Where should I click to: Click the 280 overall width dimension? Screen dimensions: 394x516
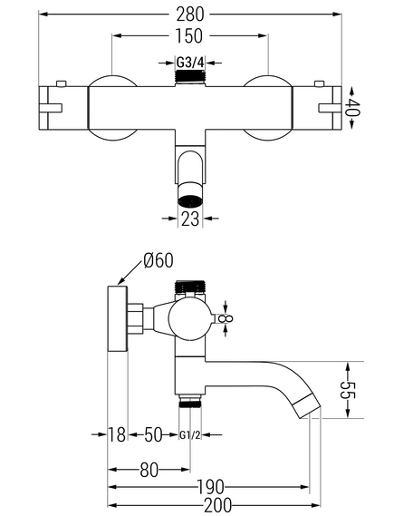point(190,15)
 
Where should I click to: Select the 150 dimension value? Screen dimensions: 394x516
point(188,36)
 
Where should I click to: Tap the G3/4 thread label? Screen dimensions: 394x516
point(190,63)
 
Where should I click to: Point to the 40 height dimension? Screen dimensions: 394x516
point(352,108)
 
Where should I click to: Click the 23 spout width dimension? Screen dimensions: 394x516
point(190,219)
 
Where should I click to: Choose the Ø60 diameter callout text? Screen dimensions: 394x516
point(159,261)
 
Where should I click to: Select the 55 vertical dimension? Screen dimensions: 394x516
point(348,390)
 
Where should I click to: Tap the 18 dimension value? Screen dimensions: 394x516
point(117,434)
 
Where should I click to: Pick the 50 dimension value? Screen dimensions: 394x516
point(153,434)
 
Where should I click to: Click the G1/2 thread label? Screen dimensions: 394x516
point(190,435)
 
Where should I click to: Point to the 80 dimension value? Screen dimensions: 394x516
point(149,470)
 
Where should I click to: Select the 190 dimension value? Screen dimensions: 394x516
point(210,487)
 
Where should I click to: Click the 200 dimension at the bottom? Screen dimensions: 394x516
point(218,505)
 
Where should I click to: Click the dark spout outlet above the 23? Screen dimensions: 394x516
point(190,200)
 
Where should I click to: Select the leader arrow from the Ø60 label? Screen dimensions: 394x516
point(130,272)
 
